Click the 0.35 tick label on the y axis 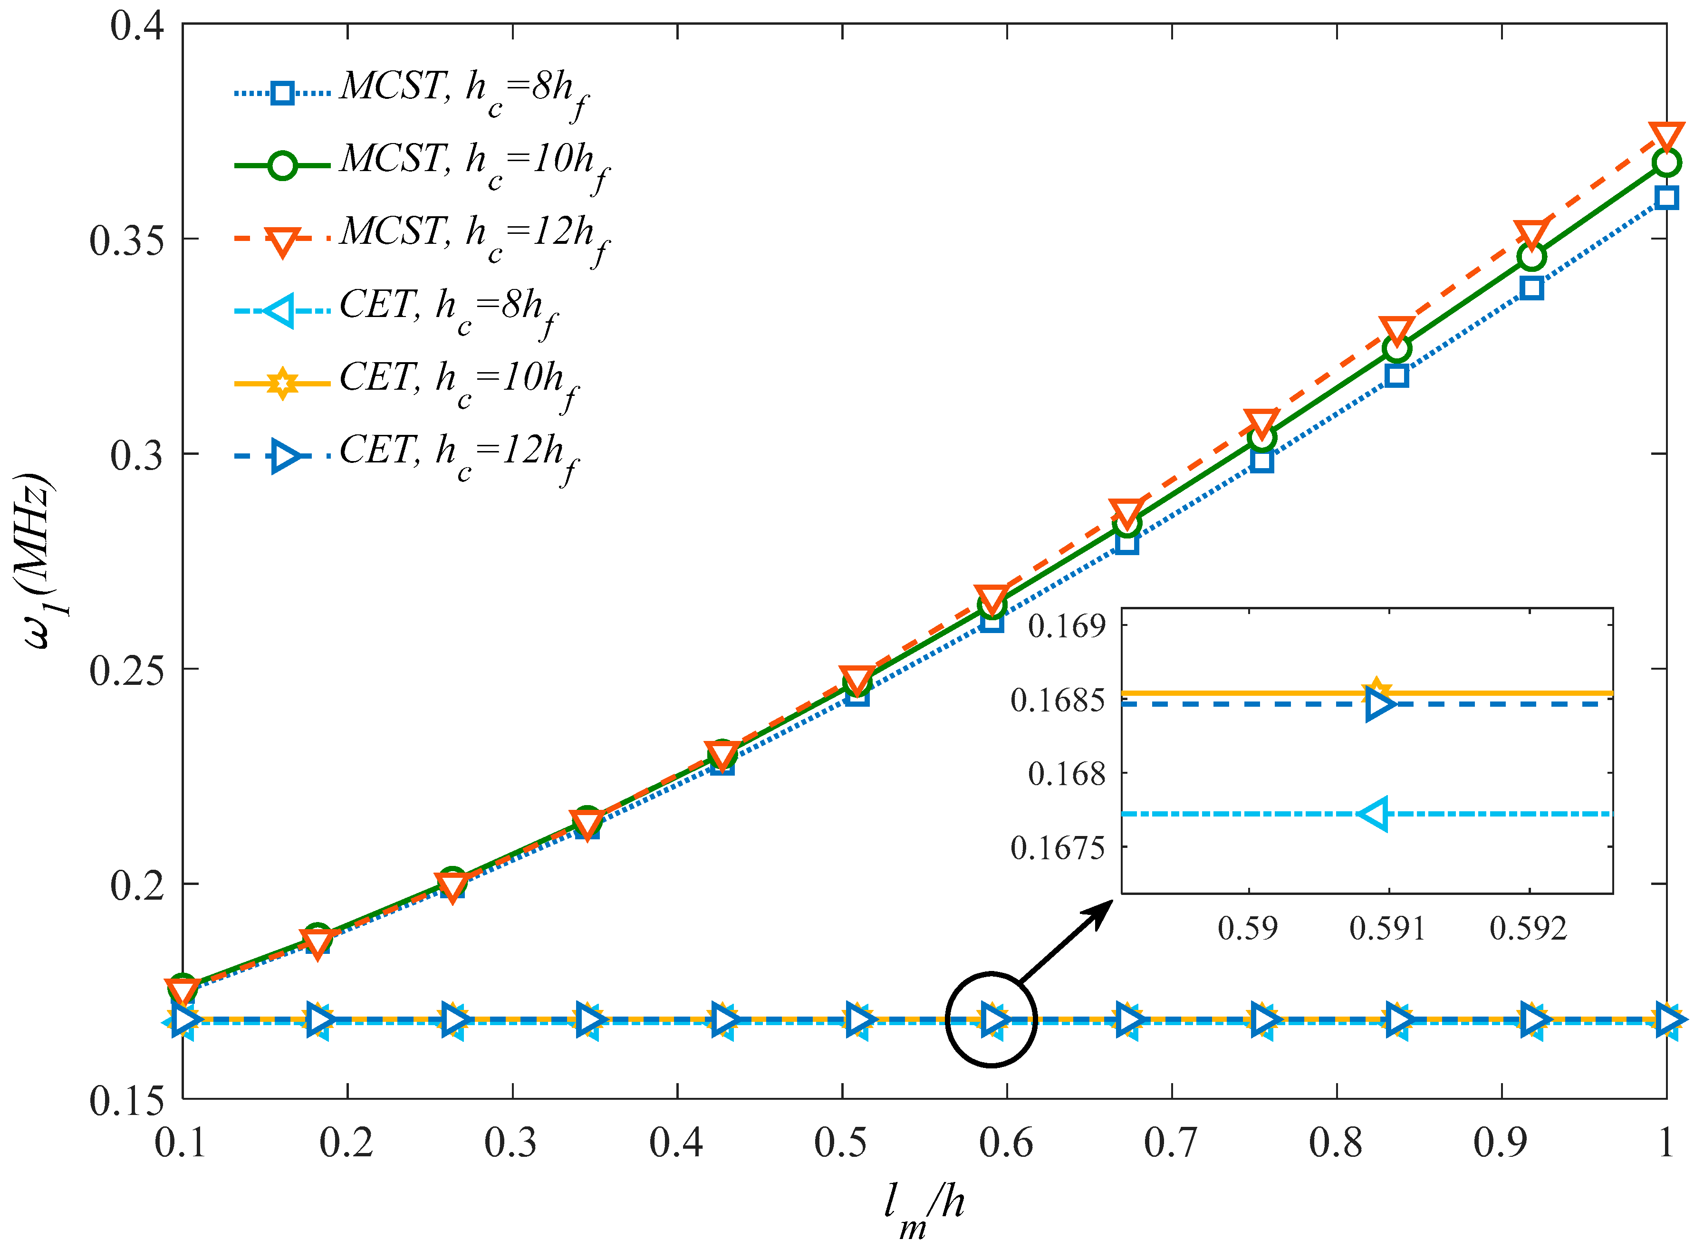click(x=127, y=240)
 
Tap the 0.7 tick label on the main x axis click(x=1170, y=1143)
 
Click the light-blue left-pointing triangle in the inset click(x=1375, y=814)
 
